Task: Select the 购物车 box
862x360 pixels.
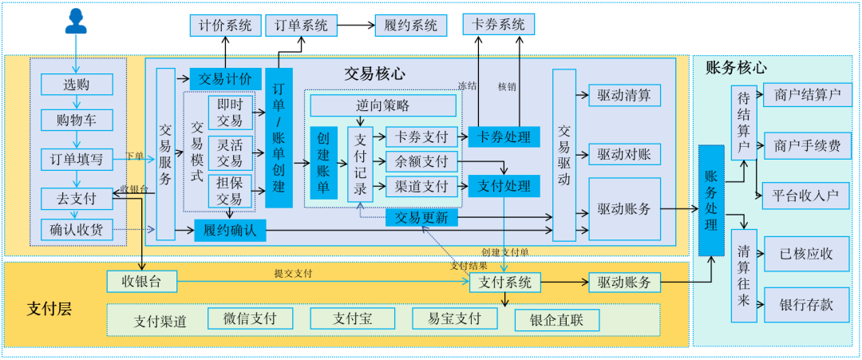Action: click(x=77, y=121)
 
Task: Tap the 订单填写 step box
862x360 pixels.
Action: click(x=77, y=159)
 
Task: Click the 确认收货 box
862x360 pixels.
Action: click(x=77, y=230)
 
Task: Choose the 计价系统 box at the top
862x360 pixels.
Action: click(x=224, y=26)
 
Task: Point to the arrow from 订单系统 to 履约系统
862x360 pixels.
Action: click(x=355, y=26)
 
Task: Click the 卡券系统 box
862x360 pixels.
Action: click(x=499, y=25)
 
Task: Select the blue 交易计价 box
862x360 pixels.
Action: click(x=225, y=78)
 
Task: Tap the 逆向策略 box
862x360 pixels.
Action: click(x=383, y=105)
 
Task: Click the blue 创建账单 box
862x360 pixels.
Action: click(x=324, y=163)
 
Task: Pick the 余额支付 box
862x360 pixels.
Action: click(x=422, y=161)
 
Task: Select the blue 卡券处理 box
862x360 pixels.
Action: click(x=504, y=136)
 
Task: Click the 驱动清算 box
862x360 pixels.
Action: click(x=624, y=96)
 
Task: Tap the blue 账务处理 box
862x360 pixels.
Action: click(x=711, y=200)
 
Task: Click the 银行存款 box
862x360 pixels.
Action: click(x=806, y=305)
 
